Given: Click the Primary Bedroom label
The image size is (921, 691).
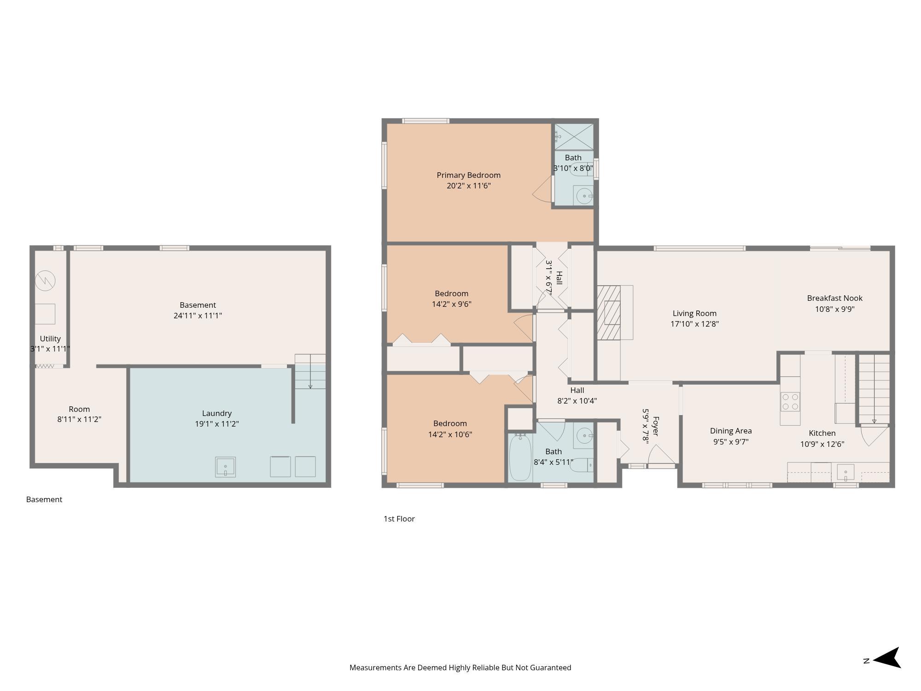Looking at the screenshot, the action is coord(468,175).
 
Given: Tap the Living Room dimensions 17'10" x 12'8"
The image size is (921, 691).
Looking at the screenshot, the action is coord(694,324).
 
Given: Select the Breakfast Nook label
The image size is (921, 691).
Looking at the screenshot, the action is coord(834,298).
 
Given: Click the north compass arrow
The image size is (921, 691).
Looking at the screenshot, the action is coord(886,657).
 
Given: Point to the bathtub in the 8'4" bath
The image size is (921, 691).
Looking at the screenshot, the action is coord(520,458).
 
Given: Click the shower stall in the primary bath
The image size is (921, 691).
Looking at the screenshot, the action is coord(574,136).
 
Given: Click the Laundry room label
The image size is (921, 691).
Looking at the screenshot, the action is coord(216,413).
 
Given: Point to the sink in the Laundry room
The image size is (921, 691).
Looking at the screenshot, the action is coord(225,467).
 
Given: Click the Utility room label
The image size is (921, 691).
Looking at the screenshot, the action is coord(50,339).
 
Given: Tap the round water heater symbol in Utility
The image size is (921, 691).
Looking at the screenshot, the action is coord(45,280).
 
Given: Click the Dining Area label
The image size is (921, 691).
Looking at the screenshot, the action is coord(731,431).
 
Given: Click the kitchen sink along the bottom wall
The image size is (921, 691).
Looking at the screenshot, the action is coord(845,473).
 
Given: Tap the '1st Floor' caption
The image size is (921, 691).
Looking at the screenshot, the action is coord(399,519).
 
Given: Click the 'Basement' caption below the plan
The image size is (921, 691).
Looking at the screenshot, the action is coord(44,499).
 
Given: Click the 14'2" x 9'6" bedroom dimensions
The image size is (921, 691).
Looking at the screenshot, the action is coord(451,304).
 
